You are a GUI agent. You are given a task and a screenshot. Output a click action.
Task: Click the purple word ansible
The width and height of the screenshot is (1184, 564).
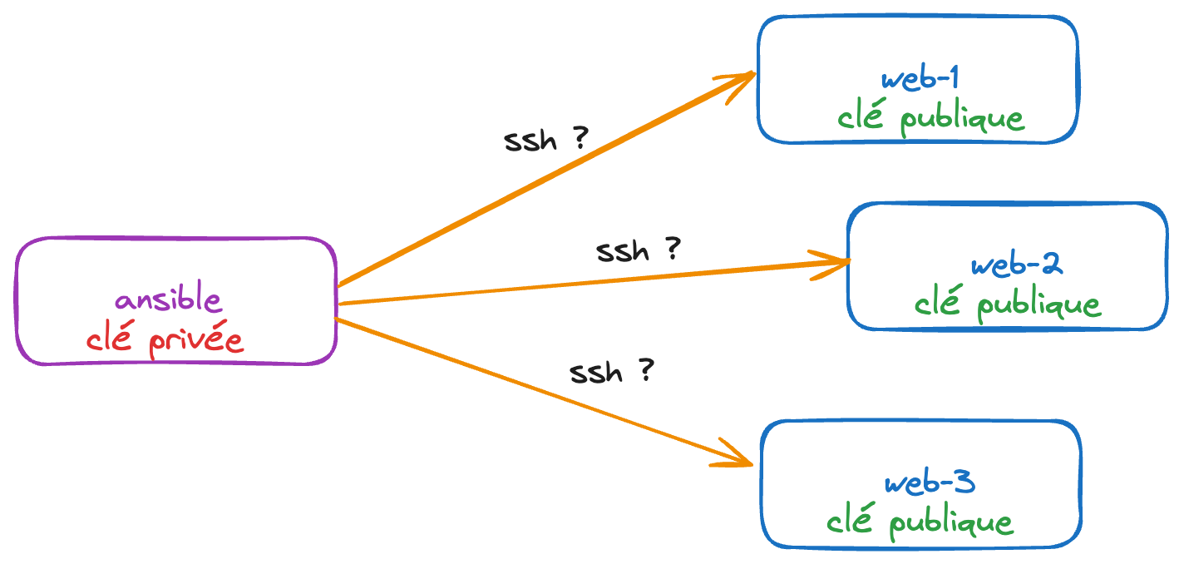pyautogui.click(x=169, y=299)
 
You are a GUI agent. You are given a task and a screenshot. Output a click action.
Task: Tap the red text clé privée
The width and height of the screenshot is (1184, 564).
pyautogui.click(x=165, y=339)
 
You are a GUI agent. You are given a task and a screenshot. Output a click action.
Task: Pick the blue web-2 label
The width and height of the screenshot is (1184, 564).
pyautogui.click(x=1016, y=265)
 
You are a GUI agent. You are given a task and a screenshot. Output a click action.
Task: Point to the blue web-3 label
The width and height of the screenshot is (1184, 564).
pyautogui.click(x=929, y=483)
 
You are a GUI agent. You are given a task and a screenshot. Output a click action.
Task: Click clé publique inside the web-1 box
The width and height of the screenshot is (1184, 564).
pyautogui.click(x=930, y=119)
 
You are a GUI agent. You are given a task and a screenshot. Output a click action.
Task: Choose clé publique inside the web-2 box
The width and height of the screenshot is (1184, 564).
pyautogui.click(x=1007, y=304)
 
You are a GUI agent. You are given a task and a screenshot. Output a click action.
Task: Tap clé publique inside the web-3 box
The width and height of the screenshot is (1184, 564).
pyautogui.click(x=920, y=522)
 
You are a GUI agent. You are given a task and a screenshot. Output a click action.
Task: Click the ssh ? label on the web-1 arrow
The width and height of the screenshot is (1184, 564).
pyautogui.click(x=545, y=140)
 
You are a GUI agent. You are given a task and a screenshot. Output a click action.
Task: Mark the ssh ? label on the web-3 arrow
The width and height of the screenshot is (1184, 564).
pyautogui.click(x=611, y=372)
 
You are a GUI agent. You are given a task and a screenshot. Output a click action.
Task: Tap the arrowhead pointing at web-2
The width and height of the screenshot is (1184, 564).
pyautogui.click(x=834, y=264)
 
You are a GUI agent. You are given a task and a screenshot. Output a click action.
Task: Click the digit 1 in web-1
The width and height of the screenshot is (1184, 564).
pyautogui.click(x=952, y=79)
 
